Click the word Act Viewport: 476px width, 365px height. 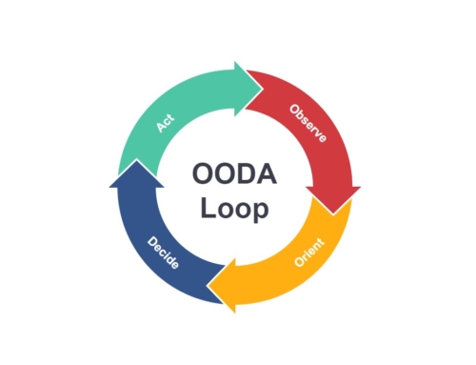(x=164, y=123)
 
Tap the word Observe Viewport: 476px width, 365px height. (x=307, y=123)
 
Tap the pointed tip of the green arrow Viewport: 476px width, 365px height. (x=263, y=80)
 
